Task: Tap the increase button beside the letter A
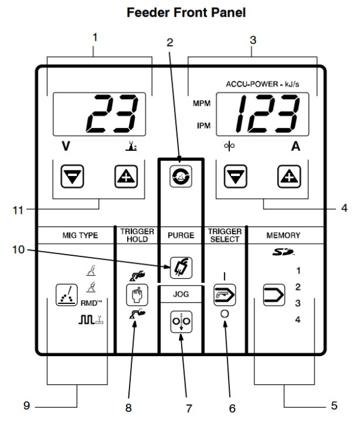[x=287, y=176]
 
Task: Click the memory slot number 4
[x=298, y=318]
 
